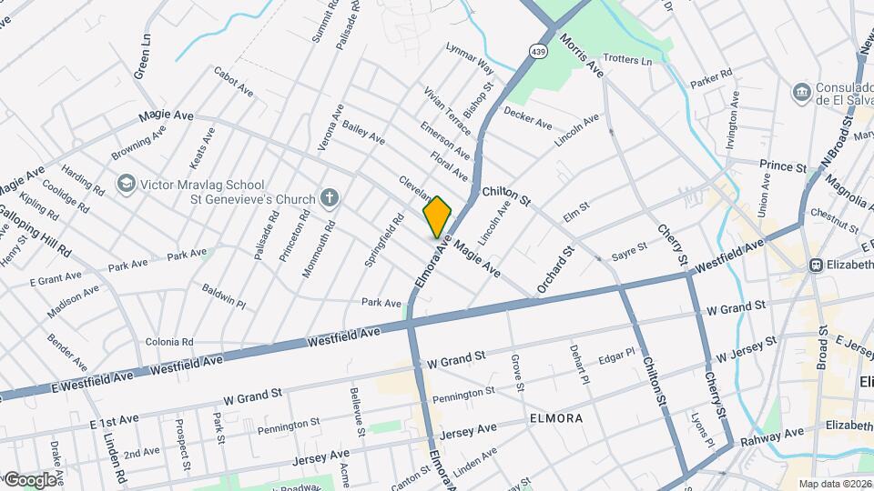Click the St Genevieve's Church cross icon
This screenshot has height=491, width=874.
pyautogui.click(x=330, y=198)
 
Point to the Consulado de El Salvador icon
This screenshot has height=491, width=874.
pyautogui.click(x=801, y=91)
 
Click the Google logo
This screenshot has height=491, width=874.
pyautogui.click(x=29, y=479)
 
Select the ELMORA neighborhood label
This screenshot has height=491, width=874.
pyautogui.click(x=553, y=419)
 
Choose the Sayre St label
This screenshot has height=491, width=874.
pyautogui.click(x=629, y=247)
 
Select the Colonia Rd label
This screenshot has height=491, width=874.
pyautogui.click(x=169, y=342)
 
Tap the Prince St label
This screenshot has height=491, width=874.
pyautogui.click(x=783, y=167)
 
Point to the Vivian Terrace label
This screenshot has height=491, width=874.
pyautogui.click(x=445, y=109)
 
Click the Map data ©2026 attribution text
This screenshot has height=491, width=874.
pyautogui.click(x=834, y=483)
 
